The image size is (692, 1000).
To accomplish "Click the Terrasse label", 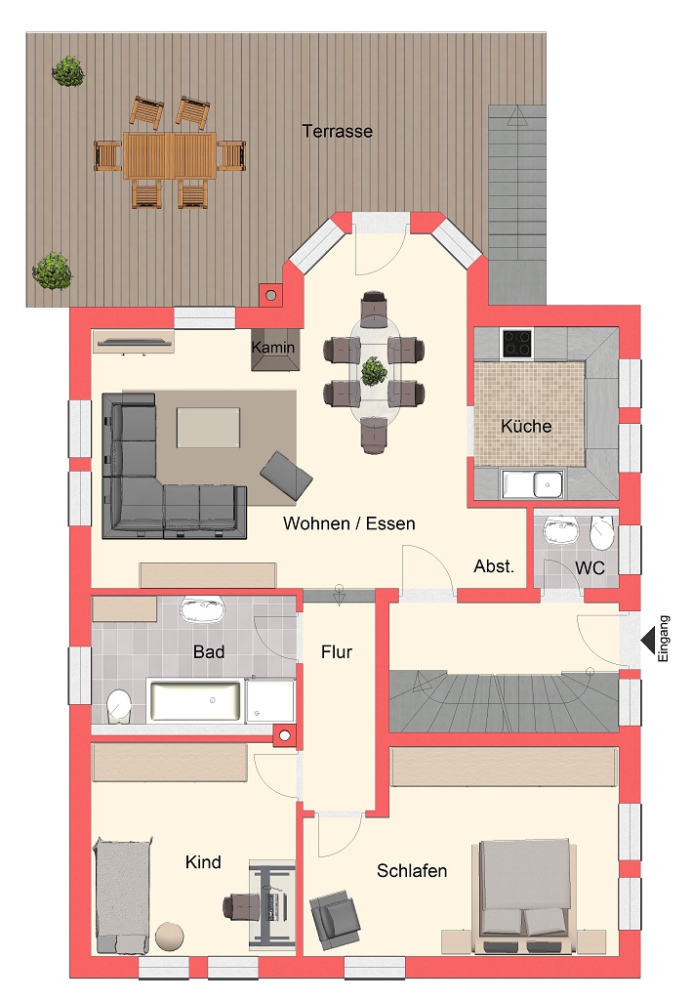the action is coord(337,132).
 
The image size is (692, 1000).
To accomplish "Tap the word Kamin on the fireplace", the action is coord(272,348).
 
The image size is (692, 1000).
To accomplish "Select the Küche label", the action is coord(526,426).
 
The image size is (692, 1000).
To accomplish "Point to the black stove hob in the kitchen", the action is coord(516,343).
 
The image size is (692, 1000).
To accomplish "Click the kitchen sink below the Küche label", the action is coord(533,484).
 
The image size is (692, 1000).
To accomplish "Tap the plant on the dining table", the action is coord(374,372).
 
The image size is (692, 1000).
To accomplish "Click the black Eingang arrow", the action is coord(648,640).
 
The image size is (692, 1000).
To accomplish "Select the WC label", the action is coord(590,567).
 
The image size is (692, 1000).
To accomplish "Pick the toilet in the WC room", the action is coord(601,532).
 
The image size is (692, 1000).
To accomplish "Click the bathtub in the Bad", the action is coord(195,700).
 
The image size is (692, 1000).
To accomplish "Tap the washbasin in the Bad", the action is coord(203,609).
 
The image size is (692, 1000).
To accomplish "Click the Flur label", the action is coord(337,651).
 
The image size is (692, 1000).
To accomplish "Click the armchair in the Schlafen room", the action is coord(335,915).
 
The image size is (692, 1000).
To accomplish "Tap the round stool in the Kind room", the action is coord(170,936).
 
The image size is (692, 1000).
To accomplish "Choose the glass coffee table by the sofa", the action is coord(208,428).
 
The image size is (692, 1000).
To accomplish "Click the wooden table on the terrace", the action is coord(170,155).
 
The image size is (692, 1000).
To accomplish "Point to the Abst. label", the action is coord(493,566).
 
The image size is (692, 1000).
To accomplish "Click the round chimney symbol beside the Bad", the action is coord(285,735).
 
